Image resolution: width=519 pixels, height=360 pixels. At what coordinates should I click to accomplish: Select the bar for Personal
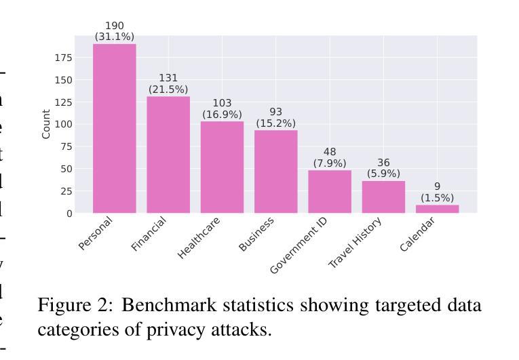114,129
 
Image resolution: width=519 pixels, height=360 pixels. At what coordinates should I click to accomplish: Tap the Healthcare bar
222,167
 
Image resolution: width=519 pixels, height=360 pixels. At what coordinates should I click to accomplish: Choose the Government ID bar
330,191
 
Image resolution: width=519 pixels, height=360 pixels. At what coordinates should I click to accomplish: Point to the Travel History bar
383,197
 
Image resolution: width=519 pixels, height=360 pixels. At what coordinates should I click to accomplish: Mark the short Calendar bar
437,209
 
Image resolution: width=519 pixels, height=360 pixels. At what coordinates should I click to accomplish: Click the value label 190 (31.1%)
114,32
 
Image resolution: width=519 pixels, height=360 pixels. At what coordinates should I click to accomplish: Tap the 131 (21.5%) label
168,84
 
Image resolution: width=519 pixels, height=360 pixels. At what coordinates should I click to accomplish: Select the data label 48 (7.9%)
330,157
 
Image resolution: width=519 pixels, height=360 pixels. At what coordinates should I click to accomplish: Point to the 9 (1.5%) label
437,192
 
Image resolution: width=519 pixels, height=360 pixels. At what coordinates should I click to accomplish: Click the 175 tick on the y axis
64,58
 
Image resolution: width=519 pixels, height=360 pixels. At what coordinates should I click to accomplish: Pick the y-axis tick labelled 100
64,124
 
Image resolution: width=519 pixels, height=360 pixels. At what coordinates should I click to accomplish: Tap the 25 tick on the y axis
66,191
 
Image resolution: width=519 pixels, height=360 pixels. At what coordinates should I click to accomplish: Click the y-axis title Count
46,124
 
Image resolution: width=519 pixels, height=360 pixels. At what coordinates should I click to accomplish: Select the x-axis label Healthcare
199,238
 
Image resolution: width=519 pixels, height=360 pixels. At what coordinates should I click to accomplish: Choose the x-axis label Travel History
355,243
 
